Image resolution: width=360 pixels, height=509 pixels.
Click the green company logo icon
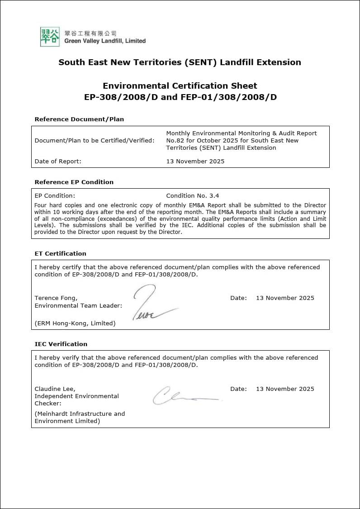click(x=50, y=37)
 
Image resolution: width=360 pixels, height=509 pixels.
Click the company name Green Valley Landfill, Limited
click(x=105, y=41)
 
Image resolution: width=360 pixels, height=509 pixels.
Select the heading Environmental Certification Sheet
click(x=180, y=86)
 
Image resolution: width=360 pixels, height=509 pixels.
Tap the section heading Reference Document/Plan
click(x=79, y=119)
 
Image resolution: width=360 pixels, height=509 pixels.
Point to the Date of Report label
click(x=58, y=161)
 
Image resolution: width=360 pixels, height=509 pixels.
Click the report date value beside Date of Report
click(x=195, y=161)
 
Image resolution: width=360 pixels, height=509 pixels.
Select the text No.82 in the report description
click(x=174, y=140)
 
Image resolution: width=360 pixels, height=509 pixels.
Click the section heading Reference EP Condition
click(x=74, y=182)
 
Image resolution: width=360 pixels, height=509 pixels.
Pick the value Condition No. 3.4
click(x=192, y=196)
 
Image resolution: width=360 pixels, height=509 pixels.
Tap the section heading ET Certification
click(x=60, y=253)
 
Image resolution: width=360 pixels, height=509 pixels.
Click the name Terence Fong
click(x=56, y=298)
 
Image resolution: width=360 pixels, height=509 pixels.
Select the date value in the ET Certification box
click(x=285, y=298)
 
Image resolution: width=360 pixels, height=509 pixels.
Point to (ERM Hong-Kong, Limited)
click(x=75, y=323)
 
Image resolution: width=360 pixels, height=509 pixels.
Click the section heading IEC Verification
click(x=61, y=344)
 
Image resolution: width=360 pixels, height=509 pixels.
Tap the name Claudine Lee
click(x=55, y=389)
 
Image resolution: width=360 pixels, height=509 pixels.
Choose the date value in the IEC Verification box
click(x=285, y=389)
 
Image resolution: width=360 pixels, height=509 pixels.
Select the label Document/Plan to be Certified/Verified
click(x=95, y=140)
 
